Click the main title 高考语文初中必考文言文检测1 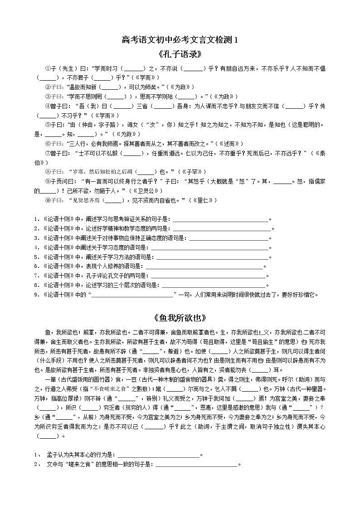(x=180, y=40)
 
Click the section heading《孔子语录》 (x=180, y=54)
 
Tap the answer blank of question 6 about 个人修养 (x=204, y=266)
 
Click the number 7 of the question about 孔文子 (x=35, y=276)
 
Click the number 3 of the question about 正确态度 (x=35, y=238)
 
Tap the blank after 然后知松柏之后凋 (x=145, y=172)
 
